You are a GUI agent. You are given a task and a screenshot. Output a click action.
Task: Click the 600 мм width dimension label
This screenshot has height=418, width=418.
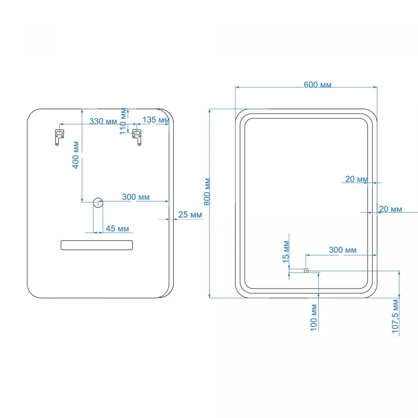(318, 85)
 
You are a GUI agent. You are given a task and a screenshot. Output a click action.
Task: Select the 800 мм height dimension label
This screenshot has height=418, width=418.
(207, 192)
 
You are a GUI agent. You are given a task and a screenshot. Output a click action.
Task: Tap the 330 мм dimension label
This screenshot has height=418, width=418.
(103, 121)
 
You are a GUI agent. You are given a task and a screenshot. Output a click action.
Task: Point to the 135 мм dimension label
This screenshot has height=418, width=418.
(156, 120)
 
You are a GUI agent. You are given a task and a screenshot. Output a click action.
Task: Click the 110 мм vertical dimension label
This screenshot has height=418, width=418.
(123, 121)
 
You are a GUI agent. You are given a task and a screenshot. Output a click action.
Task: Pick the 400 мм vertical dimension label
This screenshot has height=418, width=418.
(76, 155)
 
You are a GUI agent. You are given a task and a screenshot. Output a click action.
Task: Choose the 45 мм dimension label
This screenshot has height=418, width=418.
(117, 229)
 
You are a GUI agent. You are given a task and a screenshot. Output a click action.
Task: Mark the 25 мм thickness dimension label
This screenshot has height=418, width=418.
(190, 214)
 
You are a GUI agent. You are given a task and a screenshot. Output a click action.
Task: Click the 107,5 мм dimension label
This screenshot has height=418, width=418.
(395, 316)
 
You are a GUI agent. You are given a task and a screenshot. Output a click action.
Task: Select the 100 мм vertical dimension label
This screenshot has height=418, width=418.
(314, 318)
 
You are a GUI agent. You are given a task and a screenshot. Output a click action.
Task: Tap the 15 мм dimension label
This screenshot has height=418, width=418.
(286, 252)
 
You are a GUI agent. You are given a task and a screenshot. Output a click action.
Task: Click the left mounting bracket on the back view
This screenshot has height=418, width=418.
(59, 137)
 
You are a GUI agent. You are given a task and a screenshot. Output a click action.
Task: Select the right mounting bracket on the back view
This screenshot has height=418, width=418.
(137, 137)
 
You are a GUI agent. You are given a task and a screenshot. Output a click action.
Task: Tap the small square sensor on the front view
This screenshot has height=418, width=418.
(306, 271)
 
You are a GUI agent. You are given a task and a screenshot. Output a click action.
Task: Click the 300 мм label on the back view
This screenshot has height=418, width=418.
(136, 197)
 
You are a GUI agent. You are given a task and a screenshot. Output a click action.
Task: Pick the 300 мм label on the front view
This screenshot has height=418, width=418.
(343, 250)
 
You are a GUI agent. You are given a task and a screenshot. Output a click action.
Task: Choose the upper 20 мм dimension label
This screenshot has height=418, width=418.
(357, 179)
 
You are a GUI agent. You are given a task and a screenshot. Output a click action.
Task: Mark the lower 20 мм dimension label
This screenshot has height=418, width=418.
(390, 209)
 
